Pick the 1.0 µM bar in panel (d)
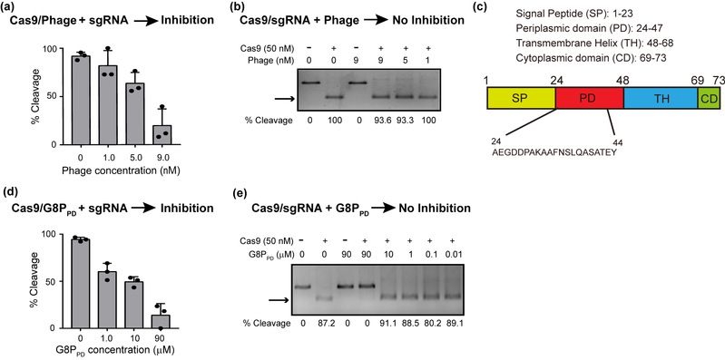[x=108, y=300]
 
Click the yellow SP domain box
[x=521, y=100]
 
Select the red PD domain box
[x=590, y=100]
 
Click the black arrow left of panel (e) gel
[x=280, y=301]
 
